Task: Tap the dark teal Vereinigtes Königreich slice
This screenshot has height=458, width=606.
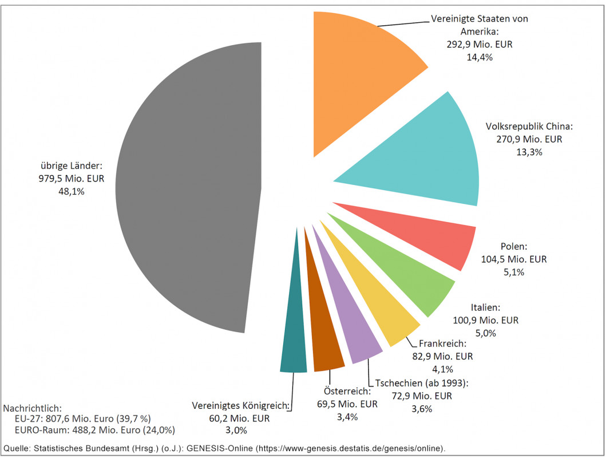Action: (x=295, y=332)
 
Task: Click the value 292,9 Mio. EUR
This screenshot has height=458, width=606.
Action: (x=472, y=44)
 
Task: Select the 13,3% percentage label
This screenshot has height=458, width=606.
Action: (x=529, y=152)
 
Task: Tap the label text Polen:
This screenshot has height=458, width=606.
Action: (x=514, y=247)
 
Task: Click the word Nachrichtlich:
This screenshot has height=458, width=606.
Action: (x=32, y=408)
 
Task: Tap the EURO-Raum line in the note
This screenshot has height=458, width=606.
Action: (x=95, y=430)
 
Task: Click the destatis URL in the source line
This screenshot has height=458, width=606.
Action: (x=350, y=448)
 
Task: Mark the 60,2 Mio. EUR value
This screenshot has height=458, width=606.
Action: (x=240, y=418)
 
